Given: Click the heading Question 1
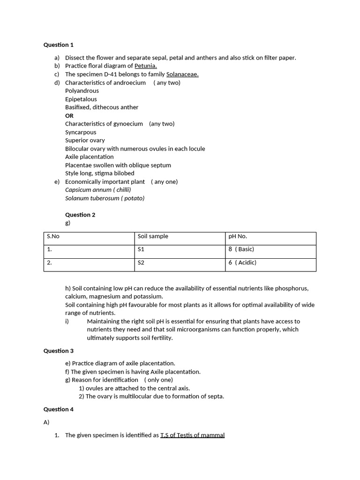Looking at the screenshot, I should [x=59, y=45].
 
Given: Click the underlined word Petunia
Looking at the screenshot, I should [x=145, y=66].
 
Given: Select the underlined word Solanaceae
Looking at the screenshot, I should [x=182, y=74].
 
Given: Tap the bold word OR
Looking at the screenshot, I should [x=69, y=116].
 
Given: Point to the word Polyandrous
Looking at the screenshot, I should [x=82, y=91].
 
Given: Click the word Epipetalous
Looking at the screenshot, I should [x=81, y=99].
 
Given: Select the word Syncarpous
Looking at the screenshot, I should [x=81, y=132].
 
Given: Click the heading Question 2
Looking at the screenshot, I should [x=80, y=215].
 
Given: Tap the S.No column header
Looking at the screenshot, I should [x=53, y=236].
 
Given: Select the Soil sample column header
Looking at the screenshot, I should [x=153, y=236].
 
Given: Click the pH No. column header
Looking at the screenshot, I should [x=238, y=236].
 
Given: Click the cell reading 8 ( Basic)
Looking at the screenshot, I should [x=241, y=249].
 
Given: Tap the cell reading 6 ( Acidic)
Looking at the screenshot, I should [x=242, y=263].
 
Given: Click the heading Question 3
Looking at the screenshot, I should [x=59, y=351].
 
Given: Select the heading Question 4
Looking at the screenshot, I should [x=59, y=409].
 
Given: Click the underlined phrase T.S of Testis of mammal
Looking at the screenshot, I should [x=192, y=435].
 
